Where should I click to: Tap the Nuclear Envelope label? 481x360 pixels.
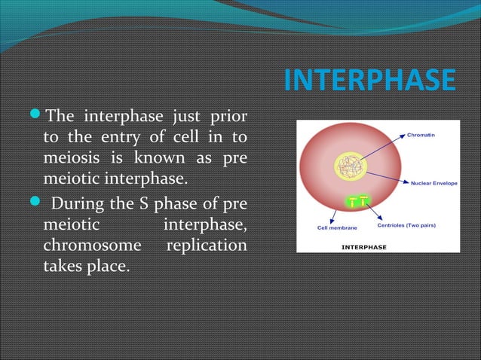click(433, 182)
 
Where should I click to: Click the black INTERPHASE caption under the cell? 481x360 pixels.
click(364, 246)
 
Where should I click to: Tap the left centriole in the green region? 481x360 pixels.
click(352, 201)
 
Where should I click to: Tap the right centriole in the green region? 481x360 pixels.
click(363, 200)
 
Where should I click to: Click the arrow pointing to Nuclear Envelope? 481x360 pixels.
click(388, 176)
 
